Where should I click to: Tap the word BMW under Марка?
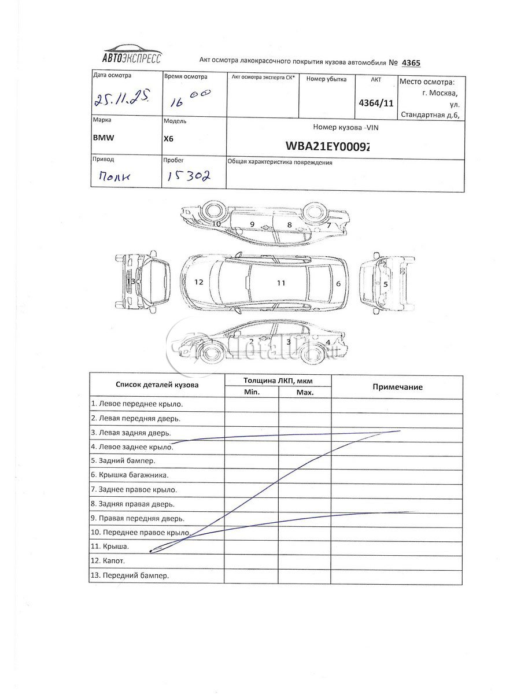point(104,139)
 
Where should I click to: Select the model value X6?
point(169,139)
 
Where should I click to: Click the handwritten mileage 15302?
point(188,176)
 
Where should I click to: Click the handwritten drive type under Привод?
point(113,176)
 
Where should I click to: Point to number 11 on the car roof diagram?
point(282,283)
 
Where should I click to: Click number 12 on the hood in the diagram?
point(198,282)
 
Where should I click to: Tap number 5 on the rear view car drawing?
point(385,283)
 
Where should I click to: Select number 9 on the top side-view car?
point(252,223)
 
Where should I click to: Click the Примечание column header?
point(397,387)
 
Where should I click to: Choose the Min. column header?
point(252,392)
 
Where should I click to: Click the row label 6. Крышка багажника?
point(130,475)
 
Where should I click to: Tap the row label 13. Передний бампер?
point(130,575)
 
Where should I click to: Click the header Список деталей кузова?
point(157,384)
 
